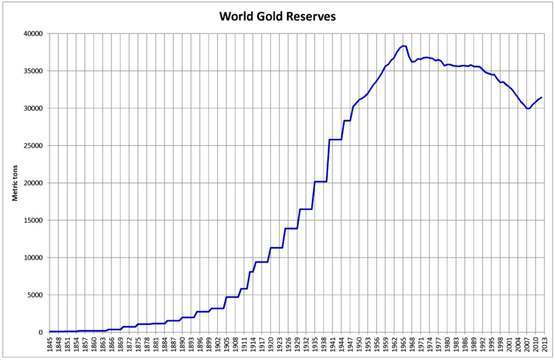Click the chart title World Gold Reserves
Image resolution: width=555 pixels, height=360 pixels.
click(x=277, y=15)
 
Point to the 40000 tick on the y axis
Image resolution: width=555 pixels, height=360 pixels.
click(x=33, y=33)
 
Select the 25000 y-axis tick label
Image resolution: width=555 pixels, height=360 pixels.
click(x=33, y=146)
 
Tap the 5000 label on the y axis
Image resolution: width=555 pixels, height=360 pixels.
click(x=35, y=295)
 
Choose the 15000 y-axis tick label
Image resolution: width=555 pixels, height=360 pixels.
click(x=33, y=220)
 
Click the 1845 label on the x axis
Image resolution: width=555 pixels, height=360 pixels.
click(x=51, y=346)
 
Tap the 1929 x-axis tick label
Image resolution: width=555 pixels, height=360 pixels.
click(x=296, y=346)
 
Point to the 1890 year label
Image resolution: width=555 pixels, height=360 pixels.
click(x=182, y=346)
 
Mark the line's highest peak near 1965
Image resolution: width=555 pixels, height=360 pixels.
click(x=403, y=46)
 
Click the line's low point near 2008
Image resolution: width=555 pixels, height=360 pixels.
click(x=528, y=108)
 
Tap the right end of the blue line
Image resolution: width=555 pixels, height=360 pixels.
click(x=542, y=98)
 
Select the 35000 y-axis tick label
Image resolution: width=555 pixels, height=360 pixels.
click(x=33, y=71)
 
